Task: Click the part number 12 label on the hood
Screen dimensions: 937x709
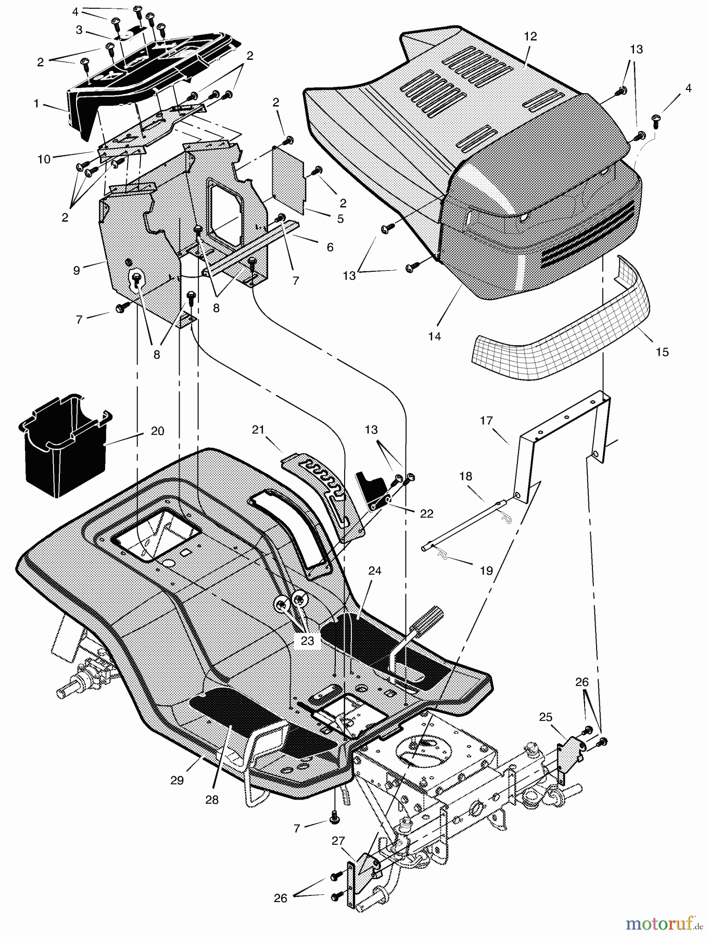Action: pyautogui.click(x=530, y=36)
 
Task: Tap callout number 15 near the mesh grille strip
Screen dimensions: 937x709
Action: pyautogui.click(x=662, y=352)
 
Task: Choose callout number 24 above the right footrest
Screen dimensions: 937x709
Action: pyautogui.click(x=375, y=571)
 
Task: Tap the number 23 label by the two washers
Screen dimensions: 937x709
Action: pyautogui.click(x=307, y=640)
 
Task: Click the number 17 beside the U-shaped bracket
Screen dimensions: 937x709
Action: pyautogui.click(x=486, y=420)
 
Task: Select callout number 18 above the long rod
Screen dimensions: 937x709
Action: pyautogui.click(x=465, y=476)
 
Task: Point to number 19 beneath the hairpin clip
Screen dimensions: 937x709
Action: pyautogui.click(x=486, y=571)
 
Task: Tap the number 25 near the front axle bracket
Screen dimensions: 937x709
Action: pyautogui.click(x=545, y=717)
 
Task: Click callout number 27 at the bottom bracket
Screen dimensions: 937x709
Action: pyautogui.click(x=339, y=841)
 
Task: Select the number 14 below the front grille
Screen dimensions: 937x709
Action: pyautogui.click(x=434, y=336)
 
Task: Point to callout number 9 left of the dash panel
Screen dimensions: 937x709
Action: pyautogui.click(x=77, y=270)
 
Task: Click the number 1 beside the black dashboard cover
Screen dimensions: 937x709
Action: pyautogui.click(x=36, y=104)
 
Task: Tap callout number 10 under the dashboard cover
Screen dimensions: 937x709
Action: pyautogui.click(x=44, y=159)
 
